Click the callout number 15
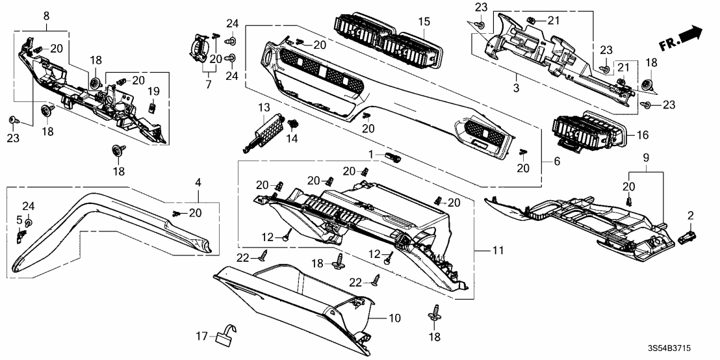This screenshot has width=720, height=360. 424,21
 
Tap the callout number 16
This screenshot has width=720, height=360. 642,135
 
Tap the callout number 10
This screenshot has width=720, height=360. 395,318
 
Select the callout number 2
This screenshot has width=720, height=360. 691,214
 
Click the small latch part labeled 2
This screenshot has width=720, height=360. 686,238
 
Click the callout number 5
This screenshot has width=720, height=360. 19,220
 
